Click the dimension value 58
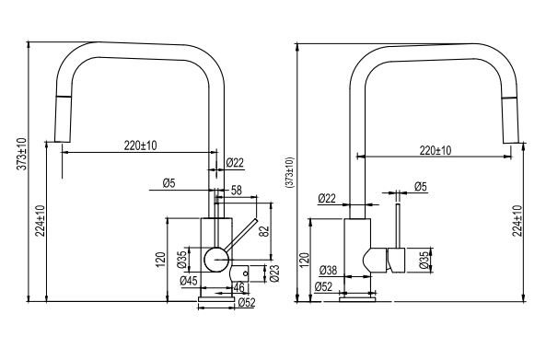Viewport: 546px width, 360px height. tap(236, 191)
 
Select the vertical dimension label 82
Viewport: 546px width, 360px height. tap(264, 231)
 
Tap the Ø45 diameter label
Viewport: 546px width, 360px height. tap(189, 281)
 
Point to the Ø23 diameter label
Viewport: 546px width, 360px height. tap(274, 273)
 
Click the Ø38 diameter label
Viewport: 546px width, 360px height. tap(328, 270)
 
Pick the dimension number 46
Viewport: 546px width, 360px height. tap(238, 287)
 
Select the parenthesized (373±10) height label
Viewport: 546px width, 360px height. tap(290, 173)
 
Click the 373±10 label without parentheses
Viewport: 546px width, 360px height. tap(21, 154)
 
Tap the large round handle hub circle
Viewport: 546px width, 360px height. tap(216, 260)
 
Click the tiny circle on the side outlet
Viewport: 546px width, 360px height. tap(246, 273)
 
